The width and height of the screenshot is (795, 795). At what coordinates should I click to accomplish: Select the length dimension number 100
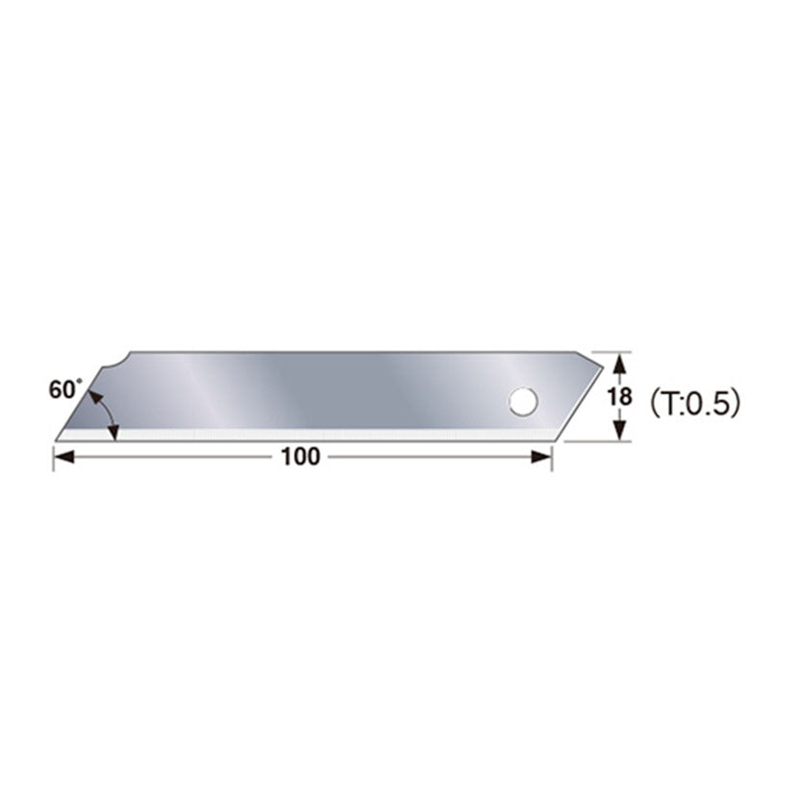[x=301, y=458]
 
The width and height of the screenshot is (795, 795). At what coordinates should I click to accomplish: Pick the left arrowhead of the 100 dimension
[x=61, y=458]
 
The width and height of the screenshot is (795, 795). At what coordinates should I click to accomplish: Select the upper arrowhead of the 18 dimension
[x=620, y=362]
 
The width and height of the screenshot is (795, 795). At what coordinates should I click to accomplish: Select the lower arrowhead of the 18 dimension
[x=620, y=432]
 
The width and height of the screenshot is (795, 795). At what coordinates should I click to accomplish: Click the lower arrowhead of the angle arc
[x=114, y=434]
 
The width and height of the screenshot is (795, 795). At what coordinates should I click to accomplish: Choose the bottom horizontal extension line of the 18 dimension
[x=596, y=440]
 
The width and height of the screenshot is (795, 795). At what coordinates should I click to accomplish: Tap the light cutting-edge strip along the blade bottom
[x=308, y=436]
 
